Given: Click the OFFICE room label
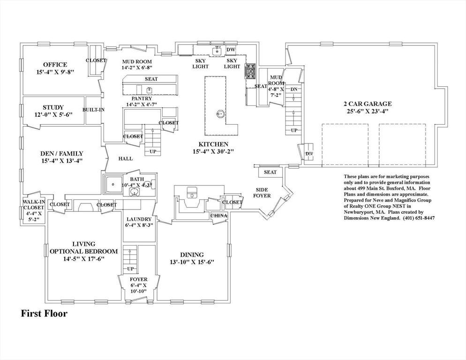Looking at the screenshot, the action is pos(55,65).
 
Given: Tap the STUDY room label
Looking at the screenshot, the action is pos(53,108).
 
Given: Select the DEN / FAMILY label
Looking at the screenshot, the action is pos(62,154).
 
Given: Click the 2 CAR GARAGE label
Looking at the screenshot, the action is pos(368,104).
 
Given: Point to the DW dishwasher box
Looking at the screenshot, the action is pos(231,50).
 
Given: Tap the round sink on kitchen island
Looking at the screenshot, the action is pos(220,113).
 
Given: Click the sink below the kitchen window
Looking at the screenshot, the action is pos(217,51).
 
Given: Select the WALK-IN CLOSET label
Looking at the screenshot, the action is pos(34,204).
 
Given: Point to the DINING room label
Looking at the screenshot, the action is pos(192,255).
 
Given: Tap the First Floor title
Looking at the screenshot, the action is pos(44,313).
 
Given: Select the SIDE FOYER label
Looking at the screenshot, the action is pos(263,193).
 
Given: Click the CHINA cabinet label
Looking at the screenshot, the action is pos(219,216).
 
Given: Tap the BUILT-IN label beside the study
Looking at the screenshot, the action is pos(94,110).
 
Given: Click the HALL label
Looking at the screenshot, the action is pos(126,159).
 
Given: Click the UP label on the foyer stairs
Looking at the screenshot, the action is pos(130,269).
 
